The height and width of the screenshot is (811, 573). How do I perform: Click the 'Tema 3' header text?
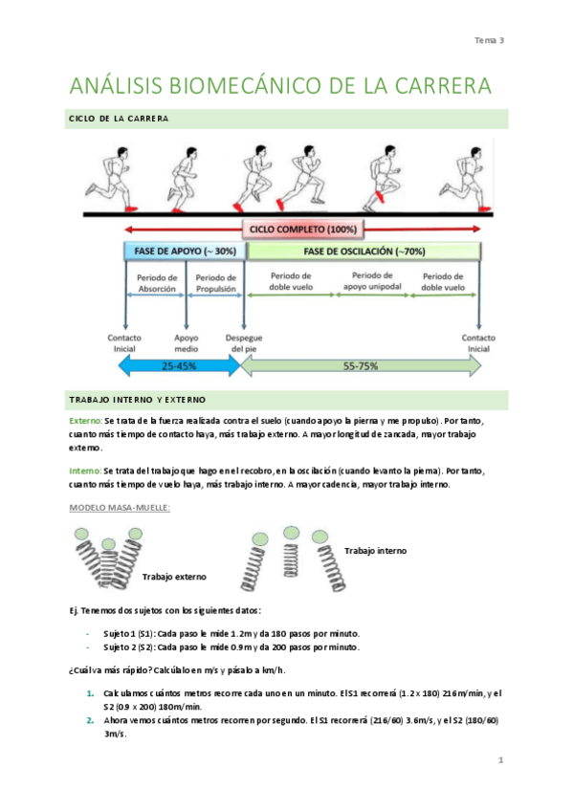click(489, 40)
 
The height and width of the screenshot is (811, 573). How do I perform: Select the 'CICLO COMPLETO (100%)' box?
click(303, 230)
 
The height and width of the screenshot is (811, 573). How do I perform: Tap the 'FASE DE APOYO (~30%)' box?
click(186, 252)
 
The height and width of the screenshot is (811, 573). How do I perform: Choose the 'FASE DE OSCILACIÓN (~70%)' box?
click(364, 252)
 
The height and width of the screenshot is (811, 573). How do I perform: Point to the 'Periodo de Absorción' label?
click(157, 283)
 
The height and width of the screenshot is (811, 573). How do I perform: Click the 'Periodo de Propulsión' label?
click(215, 283)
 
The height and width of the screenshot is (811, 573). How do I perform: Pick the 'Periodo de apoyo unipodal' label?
click(372, 281)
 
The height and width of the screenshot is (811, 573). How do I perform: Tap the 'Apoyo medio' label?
click(187, 343)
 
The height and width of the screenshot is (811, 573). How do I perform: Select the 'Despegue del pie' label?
click(244, 343)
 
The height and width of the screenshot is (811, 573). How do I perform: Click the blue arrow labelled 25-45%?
click(180, 366)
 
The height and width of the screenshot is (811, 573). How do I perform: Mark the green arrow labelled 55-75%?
click(361, 366)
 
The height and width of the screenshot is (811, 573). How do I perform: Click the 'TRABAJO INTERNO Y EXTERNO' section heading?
click(138, 400)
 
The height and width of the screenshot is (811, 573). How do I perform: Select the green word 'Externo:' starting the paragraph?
click(86, 421)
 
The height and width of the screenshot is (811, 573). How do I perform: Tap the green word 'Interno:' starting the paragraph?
click(85, 471)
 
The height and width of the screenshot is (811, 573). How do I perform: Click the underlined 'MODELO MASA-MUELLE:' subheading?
click(120, 508)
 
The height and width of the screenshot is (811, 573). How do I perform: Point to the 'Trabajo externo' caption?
click(174, 577)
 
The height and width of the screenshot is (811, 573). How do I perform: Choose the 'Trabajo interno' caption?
click(375, 551)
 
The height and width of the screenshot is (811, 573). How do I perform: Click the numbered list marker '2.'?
click(91, 720)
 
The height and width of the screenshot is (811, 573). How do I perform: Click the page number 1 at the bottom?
click(500, 759)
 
